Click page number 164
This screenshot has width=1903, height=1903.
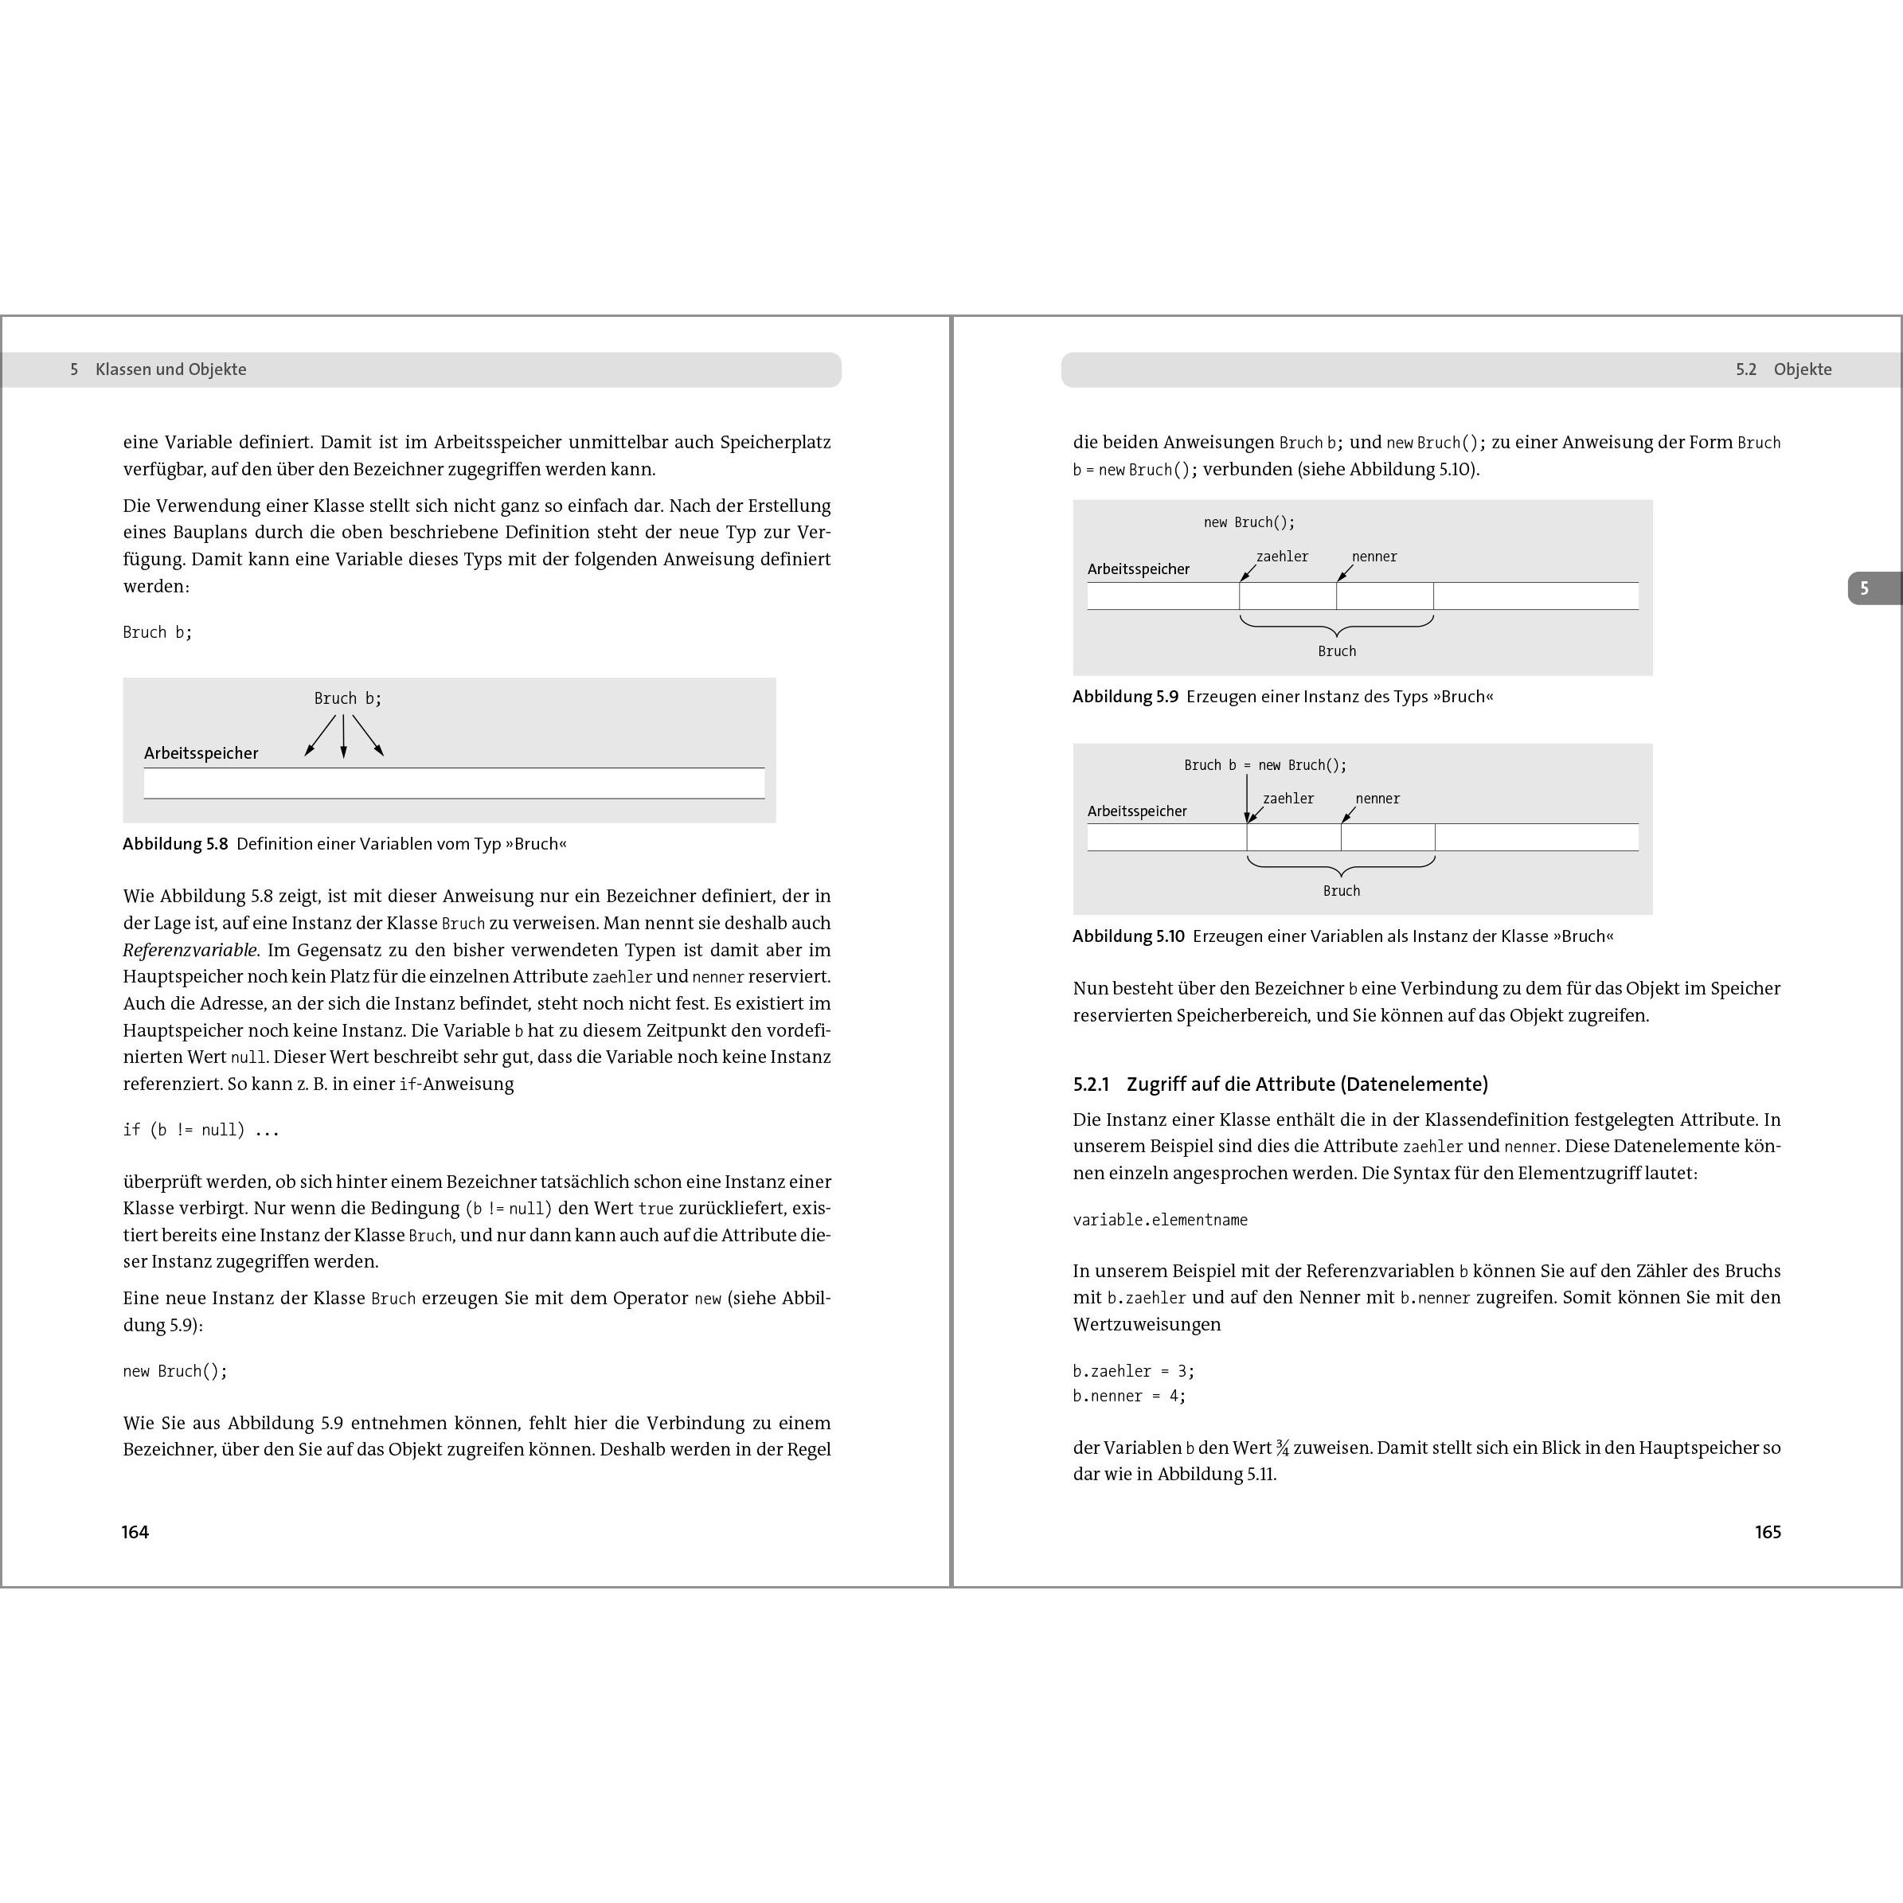(x=135, y=1532)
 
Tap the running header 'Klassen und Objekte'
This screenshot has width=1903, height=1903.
(x=170, y=369)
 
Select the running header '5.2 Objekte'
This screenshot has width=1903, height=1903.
(x=1783, y=369)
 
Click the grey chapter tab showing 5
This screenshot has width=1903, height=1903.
(x=1865, y=588)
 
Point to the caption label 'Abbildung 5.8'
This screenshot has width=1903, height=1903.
(x=175, y=844)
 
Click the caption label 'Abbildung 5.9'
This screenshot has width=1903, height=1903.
(x=1125, y=697)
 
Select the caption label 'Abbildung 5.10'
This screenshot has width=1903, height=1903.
(x=1127, y=936)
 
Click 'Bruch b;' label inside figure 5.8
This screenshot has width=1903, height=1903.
(x=348, y=698)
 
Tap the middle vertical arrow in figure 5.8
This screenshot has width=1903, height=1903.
(x=344, y=736)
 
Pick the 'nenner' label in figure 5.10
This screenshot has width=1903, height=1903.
(x=1377, y=799)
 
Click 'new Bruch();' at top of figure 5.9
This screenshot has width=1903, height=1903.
(x=1249, y=522)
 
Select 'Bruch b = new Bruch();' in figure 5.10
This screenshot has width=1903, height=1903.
(x=1264, y=765)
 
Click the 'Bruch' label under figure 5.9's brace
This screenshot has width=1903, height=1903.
(x=1337, y=651)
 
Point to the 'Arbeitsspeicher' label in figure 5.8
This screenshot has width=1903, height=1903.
(x=201, y=753)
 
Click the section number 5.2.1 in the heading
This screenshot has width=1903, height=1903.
(x=1090, y=1084)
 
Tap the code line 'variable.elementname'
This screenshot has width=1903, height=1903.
(x=1159, y=1219)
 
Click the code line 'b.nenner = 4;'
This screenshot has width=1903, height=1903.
(x=1129, y=1396)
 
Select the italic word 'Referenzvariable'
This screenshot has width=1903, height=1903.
(x=190, y=951)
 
